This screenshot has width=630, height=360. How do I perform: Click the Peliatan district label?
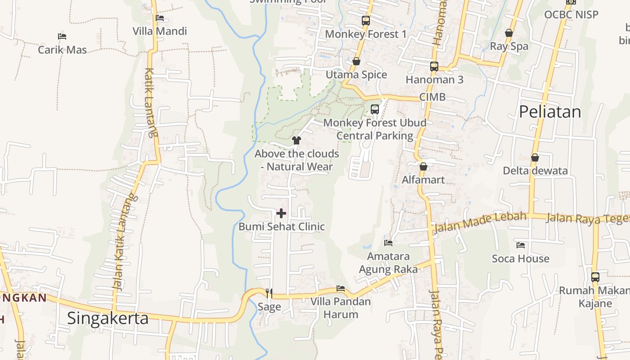click(550, 112)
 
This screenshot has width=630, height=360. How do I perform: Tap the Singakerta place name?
click(108, 318)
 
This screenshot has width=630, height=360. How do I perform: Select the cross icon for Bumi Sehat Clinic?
click(281, 213)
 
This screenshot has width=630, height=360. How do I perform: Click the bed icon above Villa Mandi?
click(160, 18)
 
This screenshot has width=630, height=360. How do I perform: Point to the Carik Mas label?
click(62, 49)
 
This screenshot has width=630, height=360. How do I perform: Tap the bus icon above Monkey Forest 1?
click(365, 21)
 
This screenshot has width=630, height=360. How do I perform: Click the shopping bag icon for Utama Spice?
click(356, 61)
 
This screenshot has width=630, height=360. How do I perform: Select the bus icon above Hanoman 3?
click(434, 67)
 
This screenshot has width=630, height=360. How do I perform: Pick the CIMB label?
click(432, 97)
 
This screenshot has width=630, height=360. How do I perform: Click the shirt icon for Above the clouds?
click(296, 140)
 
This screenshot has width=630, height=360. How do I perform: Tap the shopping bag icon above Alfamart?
click(423, 167)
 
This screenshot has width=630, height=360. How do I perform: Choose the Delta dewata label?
click(535, 171)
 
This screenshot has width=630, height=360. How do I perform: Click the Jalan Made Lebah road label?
click(480, 222)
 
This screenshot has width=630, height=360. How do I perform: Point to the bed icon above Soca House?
click(521, 245)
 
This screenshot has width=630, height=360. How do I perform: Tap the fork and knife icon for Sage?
click(269, 293)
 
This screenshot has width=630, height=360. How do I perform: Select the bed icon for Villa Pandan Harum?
click(341, 288)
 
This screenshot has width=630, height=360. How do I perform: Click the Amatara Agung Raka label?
click(388, 263)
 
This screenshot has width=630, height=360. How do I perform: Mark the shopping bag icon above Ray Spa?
click(509, 33)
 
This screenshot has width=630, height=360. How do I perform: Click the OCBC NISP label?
click(571, 14)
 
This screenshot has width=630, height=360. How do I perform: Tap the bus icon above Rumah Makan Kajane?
click(595, 277)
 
